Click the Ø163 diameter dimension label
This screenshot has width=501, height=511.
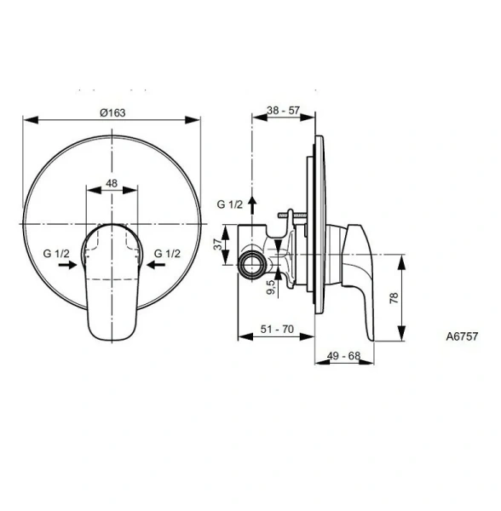pyautogui.click(x=112, y=114)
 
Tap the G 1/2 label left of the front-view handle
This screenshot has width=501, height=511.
pyautogui.click(x=57, y=254)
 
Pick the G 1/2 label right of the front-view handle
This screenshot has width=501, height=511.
pyautogui.click(x=167, y=254)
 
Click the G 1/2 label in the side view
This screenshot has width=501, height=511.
pyautogui.click(x=229, y=204)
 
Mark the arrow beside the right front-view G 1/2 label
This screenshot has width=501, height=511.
pyautogui.click(x=157, y=266)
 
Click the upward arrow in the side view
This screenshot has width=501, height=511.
pyautogui.click(x=253, y=203)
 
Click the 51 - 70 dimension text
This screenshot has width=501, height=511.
pyautogui.click(x=277, y=327)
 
